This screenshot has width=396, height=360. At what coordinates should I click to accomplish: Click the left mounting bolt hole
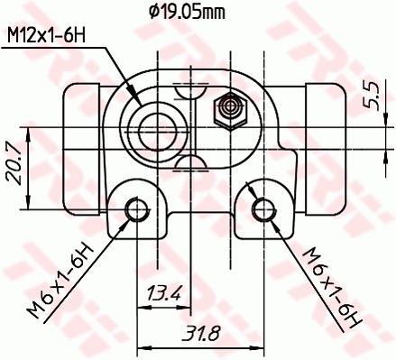[x=137, y=210]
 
